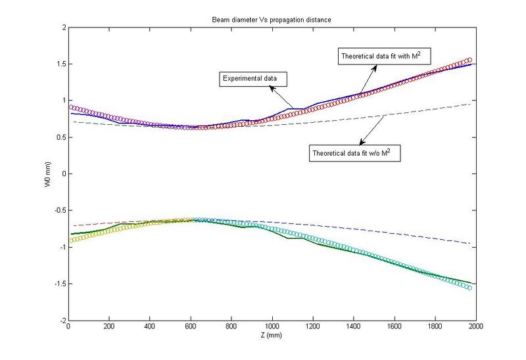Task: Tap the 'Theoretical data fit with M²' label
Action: click(385, 56)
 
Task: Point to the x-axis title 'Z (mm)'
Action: click(272, 335)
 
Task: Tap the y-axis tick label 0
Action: click(62, 174)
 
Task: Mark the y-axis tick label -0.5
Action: click(59, 210)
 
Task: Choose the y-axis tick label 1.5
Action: click(60, 64)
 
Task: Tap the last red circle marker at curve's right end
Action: click(469, 60)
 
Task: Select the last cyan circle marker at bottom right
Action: click(469, 288)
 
